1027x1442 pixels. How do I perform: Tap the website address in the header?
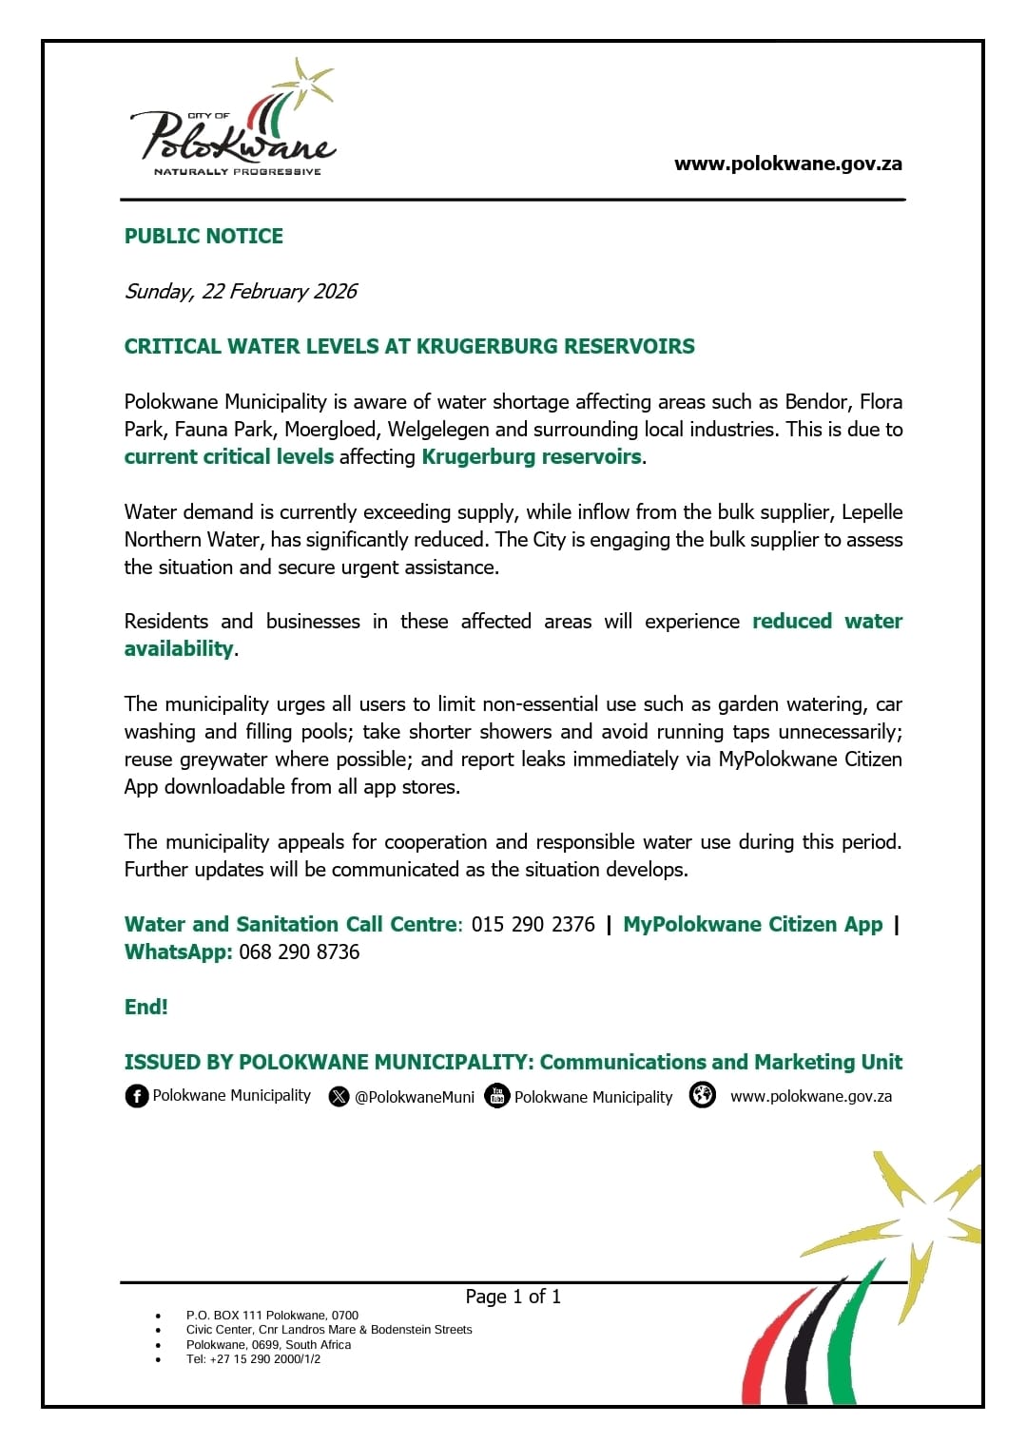pos(787,163)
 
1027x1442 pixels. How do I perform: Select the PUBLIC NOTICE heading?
pos(203,236)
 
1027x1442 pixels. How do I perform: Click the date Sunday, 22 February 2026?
pos(241,291)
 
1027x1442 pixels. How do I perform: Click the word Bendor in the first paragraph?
pos(817,401)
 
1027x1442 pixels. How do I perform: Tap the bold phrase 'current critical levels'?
pos(228,456)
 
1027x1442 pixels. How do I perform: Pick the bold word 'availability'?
pos(179,648)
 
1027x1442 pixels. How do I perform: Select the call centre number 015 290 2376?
pos(533,924)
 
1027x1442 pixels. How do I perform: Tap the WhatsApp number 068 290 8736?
pos(299,952)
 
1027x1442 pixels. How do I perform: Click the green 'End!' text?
pos(145,1007)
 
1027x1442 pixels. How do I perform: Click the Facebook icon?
pos(137,1096)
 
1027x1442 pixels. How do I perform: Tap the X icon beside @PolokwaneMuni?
pos(339,1097)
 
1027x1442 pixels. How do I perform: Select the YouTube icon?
pos(497,1096)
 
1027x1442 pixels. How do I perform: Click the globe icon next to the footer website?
pos(702,1095)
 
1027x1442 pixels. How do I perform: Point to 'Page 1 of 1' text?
pos(513,1297)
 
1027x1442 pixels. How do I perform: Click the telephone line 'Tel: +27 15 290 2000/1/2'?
pos(253,1359)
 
